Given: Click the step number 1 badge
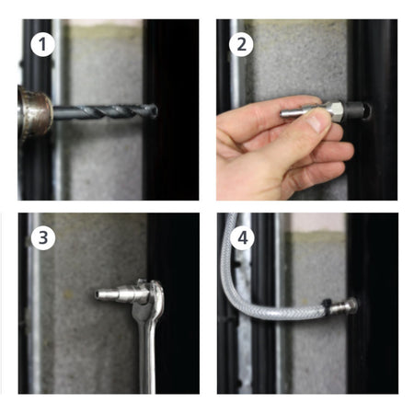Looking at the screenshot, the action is pos(42,45).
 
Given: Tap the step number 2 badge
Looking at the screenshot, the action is pos(241,45).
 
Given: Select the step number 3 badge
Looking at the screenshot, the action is pos(43,237).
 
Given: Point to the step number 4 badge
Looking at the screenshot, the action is pos(243,238).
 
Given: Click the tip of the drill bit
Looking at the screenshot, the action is pos(155,110).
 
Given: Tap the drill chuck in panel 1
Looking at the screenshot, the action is pos(34,113).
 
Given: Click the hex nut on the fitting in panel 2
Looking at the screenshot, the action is pos(334,111).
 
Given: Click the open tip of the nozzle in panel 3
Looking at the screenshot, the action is pos(98,294).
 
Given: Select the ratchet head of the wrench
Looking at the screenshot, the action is pos(152,293).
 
